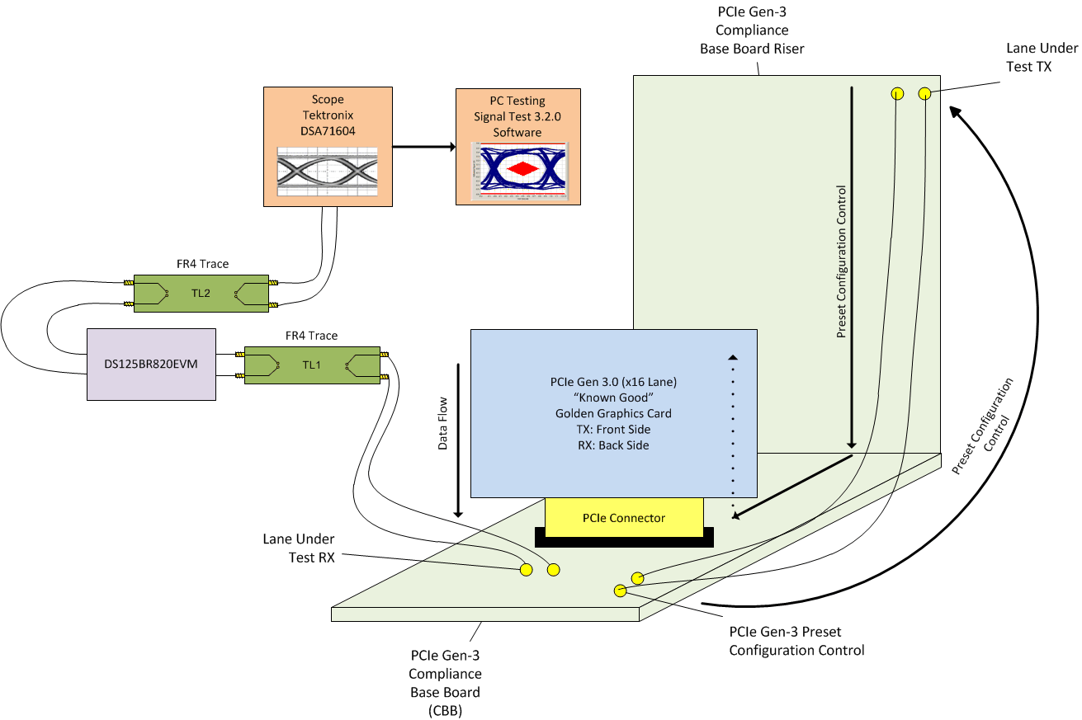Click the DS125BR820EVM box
point(151,364)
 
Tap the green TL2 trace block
point(201,293)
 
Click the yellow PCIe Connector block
point(623,518)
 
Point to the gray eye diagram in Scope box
point(327,172)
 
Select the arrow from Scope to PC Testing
point(423,147)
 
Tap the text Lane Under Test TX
point(1028,58)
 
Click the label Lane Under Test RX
point(298,548)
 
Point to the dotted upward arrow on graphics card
point(732,429)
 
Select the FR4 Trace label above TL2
point(200,264)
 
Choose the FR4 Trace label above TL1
point(311,336)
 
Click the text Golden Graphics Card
point(612,413)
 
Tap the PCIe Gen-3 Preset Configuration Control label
point(796,641)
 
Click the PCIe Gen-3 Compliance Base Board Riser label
point(751,31)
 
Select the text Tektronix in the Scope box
point(326,115)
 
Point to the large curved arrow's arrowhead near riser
point(953,109)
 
